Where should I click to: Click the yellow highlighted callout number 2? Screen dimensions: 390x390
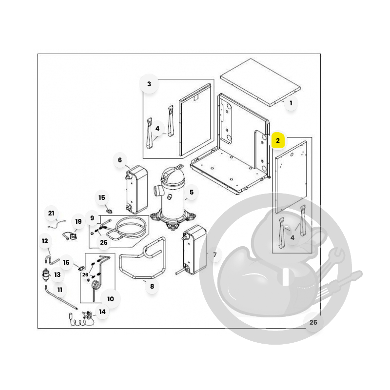pyautogui.click(x=278, y=140)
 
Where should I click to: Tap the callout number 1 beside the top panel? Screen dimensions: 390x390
pyautogui.click(x=291, y=103)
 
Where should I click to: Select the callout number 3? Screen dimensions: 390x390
pyautogui.click(x=149, y=84)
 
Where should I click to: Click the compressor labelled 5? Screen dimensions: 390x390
pyautogui.click(x=173, y=196)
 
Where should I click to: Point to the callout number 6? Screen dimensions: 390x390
pyautogui.click(x=120, y=160)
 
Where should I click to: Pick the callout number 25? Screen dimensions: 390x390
pyautogui.click(x=313, y=322)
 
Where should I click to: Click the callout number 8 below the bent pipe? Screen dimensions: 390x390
pyautogui.click(x=152, y=286)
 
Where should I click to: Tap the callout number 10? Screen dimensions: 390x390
pyautogui.click(x=111, y=299)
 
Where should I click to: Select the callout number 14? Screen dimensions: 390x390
pyautogui.click(x=102, y=312)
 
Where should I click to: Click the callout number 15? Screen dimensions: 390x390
pyautogui.click(x=102, y=197)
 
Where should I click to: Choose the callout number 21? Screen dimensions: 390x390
pyautogui.click(x=51, y=213)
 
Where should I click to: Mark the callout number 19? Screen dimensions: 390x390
pyautogui.click(x=78, y=221)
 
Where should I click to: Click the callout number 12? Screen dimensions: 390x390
pyautogui.click(x=45, y=241)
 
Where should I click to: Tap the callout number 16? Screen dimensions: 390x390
pyautogui.click(x=66, y=262)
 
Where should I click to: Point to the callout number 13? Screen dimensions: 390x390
pyautogui.click(x=58, y=274)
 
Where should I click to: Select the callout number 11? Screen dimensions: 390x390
pyautogui.click(x=59, y=290)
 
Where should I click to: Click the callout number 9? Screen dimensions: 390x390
pyautogui.click(x=92, y=218)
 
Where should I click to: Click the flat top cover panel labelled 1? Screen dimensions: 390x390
pyautogui.click(x=260, y=82)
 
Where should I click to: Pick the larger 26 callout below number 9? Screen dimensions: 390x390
pyautogui.click(x=104, y=242)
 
